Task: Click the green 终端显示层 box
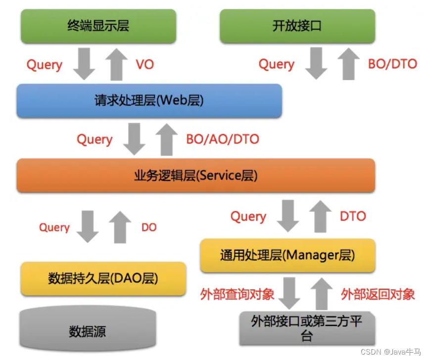coord(98,26)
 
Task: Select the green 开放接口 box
coord(297,26)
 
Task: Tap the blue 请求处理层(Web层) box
coord(149,101)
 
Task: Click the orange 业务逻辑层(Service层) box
coord(195,176)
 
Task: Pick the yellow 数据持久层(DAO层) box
coord(103,279)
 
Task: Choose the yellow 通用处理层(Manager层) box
coord(287,256)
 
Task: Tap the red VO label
coord(145,65)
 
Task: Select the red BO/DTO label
coord(392,64)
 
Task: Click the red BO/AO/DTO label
coord(223,139)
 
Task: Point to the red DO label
coord(148,227)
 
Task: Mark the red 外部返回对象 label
coord(378,295)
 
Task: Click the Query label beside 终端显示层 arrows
coord(45,65)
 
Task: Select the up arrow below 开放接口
coord(349,63)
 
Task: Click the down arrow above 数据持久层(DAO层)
coord(89,226)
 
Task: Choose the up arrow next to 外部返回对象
coord(323,294)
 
